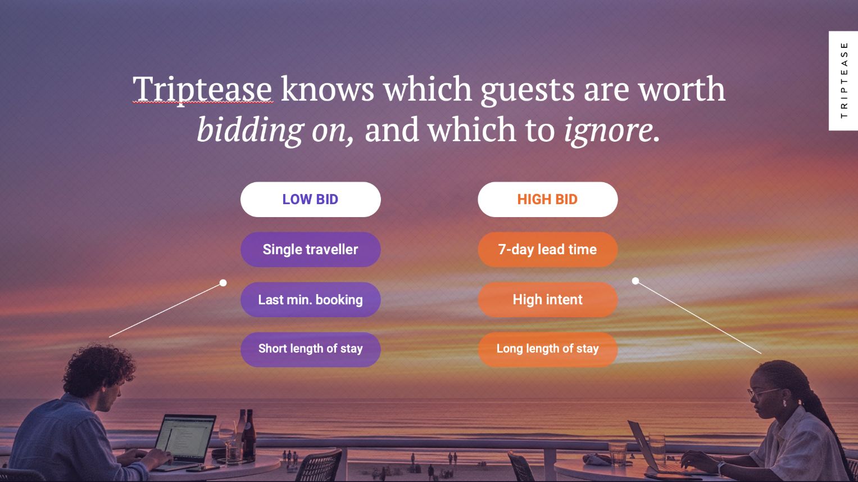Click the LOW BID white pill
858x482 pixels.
tap(311, 200)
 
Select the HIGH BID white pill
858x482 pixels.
tap(548, 200)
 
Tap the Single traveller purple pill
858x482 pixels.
tap(311, 250)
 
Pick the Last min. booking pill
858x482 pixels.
tap(311, 299)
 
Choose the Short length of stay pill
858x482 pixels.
tap(311, 349)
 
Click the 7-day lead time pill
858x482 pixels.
tap(548, 250)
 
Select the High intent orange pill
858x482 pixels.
tap(548, 299)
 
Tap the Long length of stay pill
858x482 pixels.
tap(548, 349)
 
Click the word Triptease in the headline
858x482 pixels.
tap(202, 90)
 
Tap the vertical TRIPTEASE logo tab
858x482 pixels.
tap(843, 80)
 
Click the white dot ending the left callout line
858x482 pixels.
tap(223, 283)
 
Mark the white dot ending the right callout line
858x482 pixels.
tap(635, 281)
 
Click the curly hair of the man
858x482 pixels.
tap(98, 368)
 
